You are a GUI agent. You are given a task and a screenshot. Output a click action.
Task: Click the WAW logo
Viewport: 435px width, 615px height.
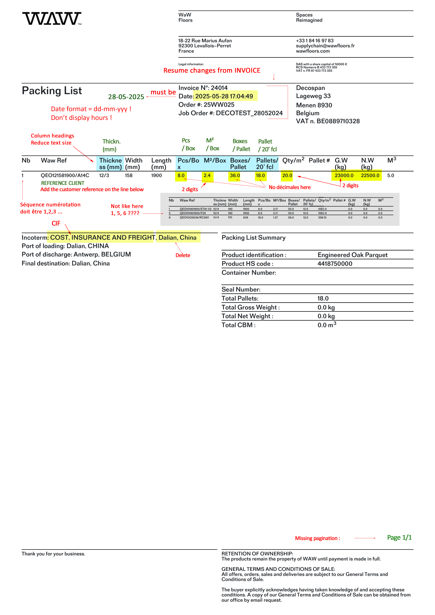point(52,18)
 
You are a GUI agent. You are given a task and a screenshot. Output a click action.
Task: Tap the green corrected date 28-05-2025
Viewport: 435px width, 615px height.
point(126,97)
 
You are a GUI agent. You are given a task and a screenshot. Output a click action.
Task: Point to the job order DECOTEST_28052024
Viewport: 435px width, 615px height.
point(249,113)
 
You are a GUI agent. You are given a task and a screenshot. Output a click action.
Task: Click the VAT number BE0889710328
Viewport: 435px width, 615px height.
point(338,121)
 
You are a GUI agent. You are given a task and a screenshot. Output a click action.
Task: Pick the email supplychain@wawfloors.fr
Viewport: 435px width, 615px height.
point(325,46)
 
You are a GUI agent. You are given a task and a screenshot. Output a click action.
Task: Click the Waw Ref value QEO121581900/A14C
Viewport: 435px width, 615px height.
point(65,175)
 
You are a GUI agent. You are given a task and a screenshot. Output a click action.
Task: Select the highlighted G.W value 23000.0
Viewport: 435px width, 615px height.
point(344,175)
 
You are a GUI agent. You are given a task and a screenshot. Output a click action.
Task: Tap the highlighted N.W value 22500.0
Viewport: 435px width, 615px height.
point(370,175)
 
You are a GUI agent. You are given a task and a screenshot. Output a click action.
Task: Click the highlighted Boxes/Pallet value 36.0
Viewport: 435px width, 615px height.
point(235,175)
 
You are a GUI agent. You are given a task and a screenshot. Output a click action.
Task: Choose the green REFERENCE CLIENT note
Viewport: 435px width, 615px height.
point(63,183)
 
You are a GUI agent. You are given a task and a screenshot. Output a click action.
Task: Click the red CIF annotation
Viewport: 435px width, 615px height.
point(56,223)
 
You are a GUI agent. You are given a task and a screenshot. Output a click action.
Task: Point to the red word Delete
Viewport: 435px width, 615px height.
point(183,255)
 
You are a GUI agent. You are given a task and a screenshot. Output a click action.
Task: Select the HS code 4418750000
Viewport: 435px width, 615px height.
point(335,263)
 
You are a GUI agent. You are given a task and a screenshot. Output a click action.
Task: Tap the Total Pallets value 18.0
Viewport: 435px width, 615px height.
point(323,298)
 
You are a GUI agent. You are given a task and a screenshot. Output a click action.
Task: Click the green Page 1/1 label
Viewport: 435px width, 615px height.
point(399,537)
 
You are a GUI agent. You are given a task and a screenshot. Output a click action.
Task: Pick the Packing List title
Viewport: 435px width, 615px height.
point(52,90)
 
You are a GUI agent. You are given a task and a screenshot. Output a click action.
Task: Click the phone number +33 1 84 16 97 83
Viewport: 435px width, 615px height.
point(315,41)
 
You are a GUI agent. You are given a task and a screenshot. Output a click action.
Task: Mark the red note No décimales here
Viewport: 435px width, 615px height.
point(290,187)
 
